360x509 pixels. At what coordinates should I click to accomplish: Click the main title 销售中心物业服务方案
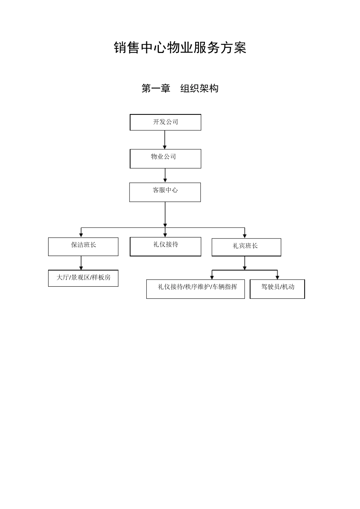[x=180, y=48]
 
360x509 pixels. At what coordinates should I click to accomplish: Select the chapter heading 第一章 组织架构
[x=180, y=89]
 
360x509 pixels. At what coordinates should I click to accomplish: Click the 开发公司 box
[x=165, y=122]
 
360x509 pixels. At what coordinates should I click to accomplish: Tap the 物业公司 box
[x=165, y=158]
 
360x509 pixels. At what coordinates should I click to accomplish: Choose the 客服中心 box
[x=165, y=192]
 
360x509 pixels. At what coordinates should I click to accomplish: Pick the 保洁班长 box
[x=83, y=247]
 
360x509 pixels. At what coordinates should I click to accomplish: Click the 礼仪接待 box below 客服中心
[x=165, y=247]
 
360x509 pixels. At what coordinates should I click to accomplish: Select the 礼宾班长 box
[x=246, y=247]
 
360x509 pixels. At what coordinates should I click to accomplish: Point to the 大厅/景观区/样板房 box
[x=83, y=278]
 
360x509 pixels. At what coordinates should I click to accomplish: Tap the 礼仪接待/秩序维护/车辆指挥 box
[x=195, y=289]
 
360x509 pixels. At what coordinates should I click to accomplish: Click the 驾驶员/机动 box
[x=277, y=289]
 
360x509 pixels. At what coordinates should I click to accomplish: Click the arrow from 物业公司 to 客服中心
[x=165, y=175]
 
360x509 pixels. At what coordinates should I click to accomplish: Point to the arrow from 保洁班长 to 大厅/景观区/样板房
[x=81, y=263]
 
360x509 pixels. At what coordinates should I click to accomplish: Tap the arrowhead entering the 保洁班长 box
[x=81, y=235]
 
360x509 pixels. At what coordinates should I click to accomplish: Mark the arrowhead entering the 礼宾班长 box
[x=244, y=236]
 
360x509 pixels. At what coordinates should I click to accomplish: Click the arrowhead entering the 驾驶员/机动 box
[x=277, y=277]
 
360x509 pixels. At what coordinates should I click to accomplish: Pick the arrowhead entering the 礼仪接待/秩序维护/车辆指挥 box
[x=212, y=277]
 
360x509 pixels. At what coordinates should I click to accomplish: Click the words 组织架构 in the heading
[x=199, y=89]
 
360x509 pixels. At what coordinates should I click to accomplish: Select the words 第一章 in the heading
[x=156, y=89]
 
